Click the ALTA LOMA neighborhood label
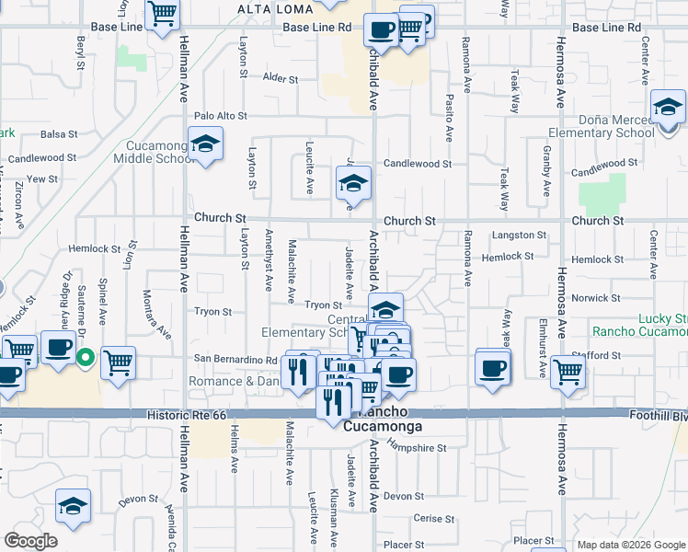pyautogui.click(x=269, y=9)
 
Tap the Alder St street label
pyautogui.click(x=276, y=78)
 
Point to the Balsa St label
pyautogui.click(x=57, y=135)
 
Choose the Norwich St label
pyautogui.click(x=595, y=298)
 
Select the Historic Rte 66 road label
pyautogui.click(x=186, y=417)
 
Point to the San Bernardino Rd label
pyautogui.click(x=235, y=359)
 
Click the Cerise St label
pyautogui.click(x=428, y=518)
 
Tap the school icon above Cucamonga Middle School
pyautogui.click(x=206, y=144)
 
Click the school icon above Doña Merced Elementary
pyautogui.click(x=667, y=107)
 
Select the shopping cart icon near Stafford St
pyautogui.click(x=568, y=372)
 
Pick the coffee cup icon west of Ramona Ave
pyautogui.click(x=492, y=367)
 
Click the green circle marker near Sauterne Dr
pyautogui.click(x=85, y=357)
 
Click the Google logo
pyautogui.click(x=30, y=541)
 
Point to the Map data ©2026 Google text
pyautogui.click(x=631, y=545)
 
